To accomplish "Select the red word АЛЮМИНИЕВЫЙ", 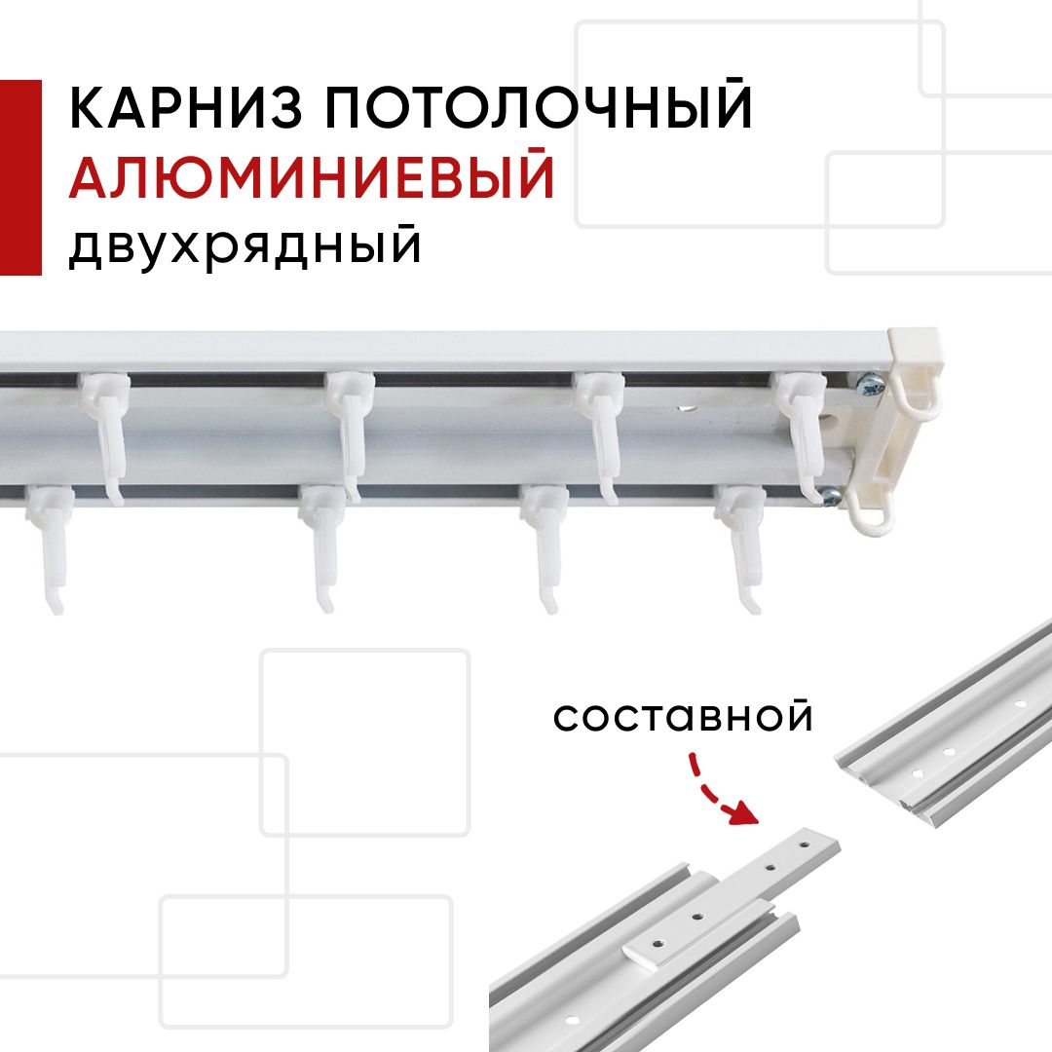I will [x=312, y=178].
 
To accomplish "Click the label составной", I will [x=683, y=717].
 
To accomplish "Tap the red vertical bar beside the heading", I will [x=20, y=177].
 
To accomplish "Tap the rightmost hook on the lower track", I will [x=742, y=545].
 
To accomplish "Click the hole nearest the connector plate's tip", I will [x=806, y=838].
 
